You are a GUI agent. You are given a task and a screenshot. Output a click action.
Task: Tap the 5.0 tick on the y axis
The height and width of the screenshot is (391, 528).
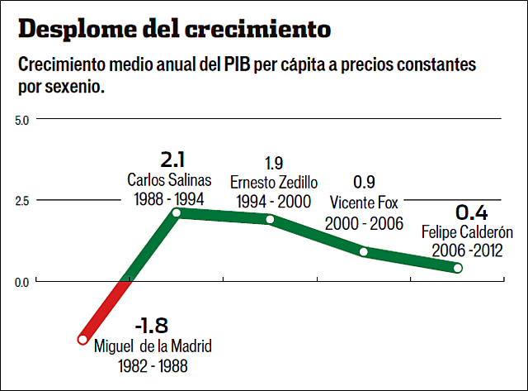click(22, 120)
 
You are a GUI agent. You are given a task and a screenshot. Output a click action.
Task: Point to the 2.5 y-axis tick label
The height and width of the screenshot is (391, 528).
click(22, 201)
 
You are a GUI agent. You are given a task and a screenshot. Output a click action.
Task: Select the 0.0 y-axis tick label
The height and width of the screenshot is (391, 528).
click(22, 282)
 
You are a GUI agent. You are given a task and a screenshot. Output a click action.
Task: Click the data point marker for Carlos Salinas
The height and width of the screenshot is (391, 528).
click(176, 212)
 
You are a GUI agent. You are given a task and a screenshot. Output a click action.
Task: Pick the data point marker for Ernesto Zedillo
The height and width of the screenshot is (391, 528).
click(270, 219)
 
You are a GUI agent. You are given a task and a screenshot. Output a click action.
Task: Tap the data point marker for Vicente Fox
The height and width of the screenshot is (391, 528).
click(364, 251)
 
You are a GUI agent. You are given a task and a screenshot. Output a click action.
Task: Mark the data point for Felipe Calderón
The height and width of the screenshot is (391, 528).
click(458, 268)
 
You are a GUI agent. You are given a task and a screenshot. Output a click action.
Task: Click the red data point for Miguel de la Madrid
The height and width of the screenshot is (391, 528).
click(82, 339)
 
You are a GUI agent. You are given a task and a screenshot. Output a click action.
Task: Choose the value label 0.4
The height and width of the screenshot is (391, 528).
click(471, 211)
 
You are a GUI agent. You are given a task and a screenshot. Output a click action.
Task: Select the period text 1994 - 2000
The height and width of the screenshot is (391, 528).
click(273, 201)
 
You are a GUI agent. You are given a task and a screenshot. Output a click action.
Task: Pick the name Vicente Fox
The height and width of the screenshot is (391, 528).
click(364, 203)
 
